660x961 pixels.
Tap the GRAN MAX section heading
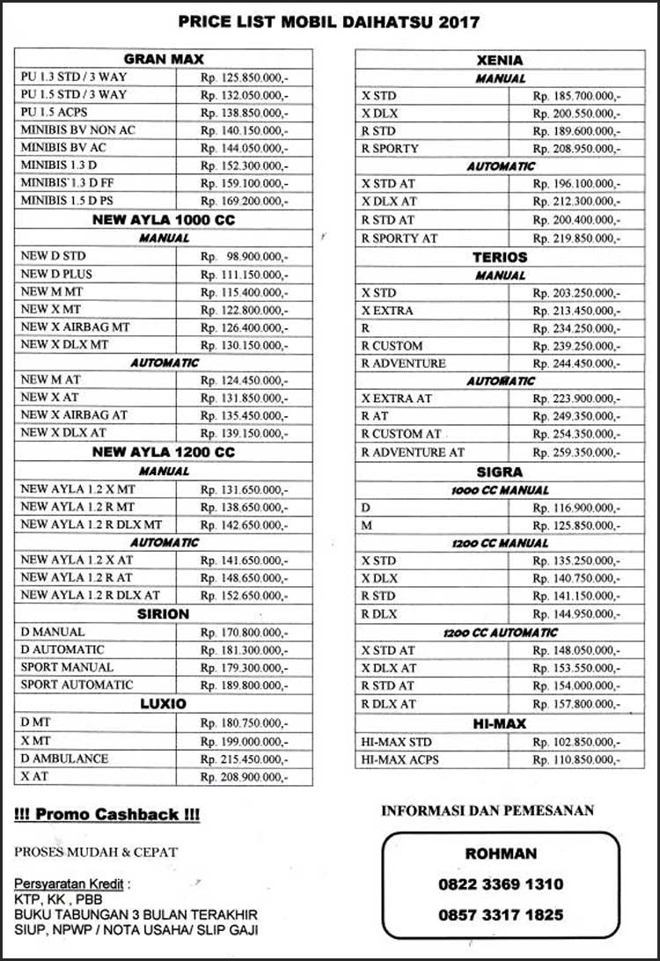pyautogui.click(x=164, y=59)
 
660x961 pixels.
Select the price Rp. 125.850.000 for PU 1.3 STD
pyautogui.click(x=244, y=77)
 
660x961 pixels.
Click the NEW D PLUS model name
pyautogui.click(x=56, y=274)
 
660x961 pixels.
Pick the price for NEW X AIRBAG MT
pyautogui.click(x=244, y=327)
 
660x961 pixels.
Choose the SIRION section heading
pyautogui.click(x=164, y=613)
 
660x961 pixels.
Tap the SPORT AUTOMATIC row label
pyautogui.click(x=77, y=685)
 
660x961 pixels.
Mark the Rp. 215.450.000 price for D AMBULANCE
pyautogui.click(x=244, y=759)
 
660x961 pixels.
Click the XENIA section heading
pyautogui.click(x=499, y=61)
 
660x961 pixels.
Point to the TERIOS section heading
pyautogui.click(x=499, y=257)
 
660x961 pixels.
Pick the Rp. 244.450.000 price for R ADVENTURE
pyautogui.click(x=576, y=363)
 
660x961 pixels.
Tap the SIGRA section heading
pyautogui.click(x=499, y=472)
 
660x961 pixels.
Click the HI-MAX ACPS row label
pyautogui.click(x=400, y=759)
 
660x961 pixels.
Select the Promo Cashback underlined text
pyautogui.click(x=107, y=815)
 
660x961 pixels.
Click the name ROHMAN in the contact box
pyautogui.click(x=500, y=854)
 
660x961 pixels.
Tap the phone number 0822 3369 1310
pyautogui.click(x=501, y=884)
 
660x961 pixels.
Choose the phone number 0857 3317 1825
pyautogui.click(x=501, y=915)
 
